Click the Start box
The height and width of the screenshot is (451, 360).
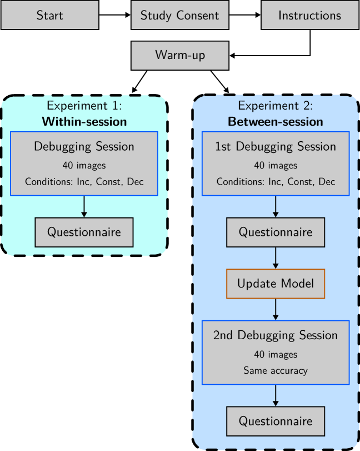50,15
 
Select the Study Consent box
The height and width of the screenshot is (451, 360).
179,15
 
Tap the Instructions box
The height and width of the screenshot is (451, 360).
309,15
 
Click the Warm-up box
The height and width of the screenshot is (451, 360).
179,55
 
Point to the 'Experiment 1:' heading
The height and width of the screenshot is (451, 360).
84,106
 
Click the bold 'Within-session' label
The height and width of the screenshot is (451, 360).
84,121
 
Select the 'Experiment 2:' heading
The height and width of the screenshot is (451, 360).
276,106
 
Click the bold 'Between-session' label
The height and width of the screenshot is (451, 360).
276,121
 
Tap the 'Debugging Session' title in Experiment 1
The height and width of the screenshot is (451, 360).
84,147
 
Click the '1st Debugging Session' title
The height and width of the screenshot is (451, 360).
276,147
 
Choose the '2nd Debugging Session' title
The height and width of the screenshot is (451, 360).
276,335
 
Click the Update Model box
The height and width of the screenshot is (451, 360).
276,284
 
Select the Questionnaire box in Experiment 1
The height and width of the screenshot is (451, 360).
84,232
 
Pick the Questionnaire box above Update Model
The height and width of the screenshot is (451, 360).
276,232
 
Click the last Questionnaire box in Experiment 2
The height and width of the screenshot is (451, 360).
276,421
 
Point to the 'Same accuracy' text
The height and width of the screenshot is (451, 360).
276,370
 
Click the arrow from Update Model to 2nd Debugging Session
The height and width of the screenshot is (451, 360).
276,309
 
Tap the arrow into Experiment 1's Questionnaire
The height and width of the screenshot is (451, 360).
84,206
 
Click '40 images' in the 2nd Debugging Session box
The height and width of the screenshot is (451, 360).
276,354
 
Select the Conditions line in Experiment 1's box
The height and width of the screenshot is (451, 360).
84,182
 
